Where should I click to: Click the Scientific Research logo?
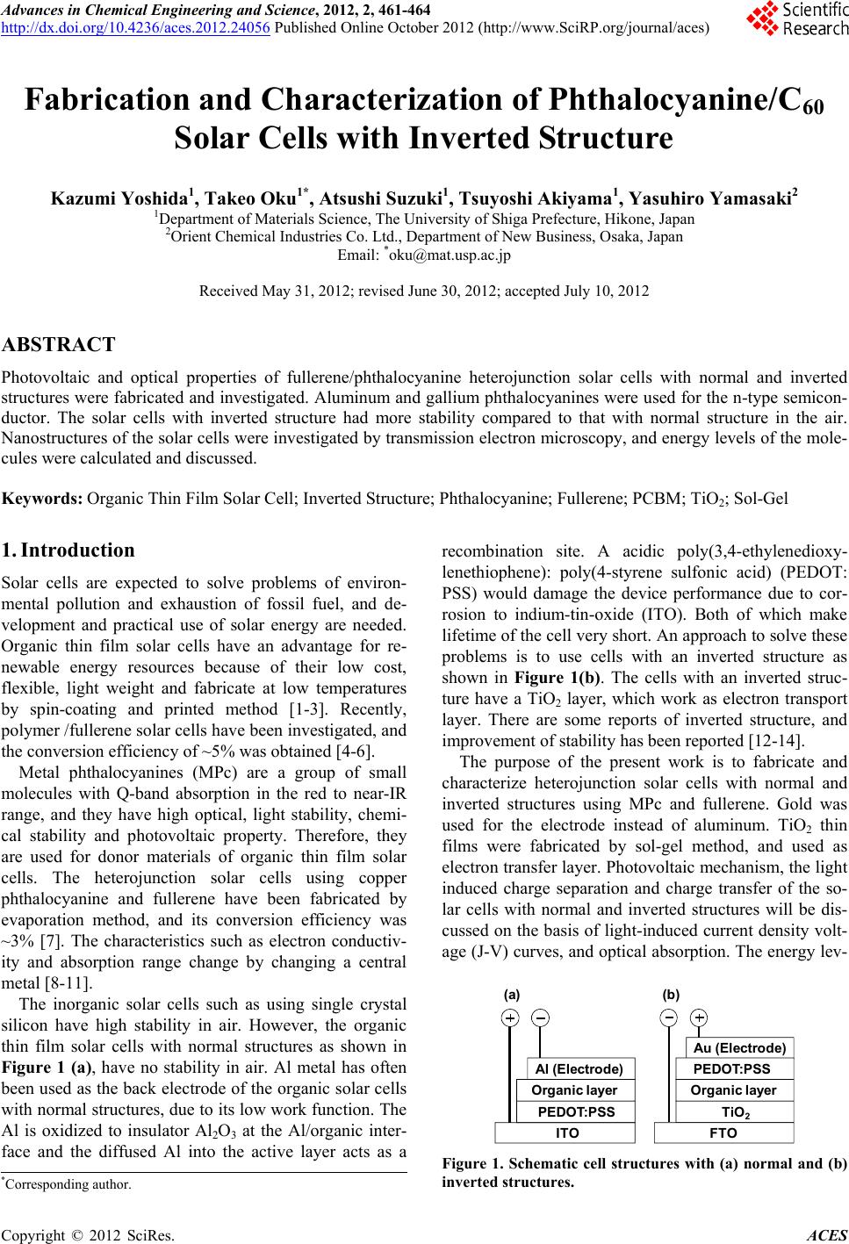795,19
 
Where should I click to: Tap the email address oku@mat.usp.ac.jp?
448,256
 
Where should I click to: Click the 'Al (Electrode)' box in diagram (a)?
579,1068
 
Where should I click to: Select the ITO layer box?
568,1133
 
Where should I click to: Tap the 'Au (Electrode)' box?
739,1048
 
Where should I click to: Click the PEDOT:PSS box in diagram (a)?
576,1111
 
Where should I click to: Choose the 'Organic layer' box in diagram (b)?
734,1090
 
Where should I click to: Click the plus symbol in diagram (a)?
509,1017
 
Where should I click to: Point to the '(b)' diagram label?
672,995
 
